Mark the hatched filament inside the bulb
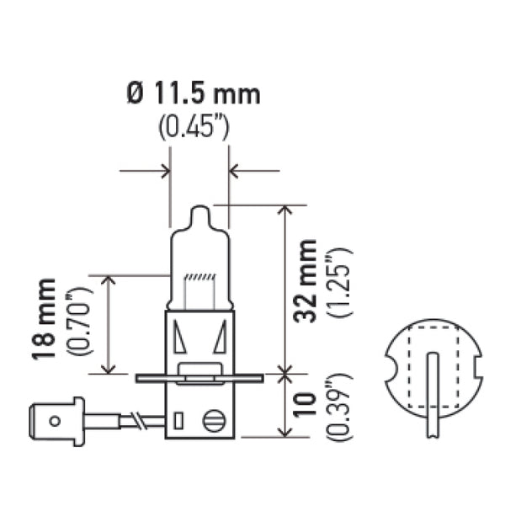point(199,277)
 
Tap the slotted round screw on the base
point(215,418)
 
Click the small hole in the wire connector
point(56,418)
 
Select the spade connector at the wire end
point(57,418)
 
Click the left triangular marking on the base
point(179,338)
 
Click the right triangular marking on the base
point(220,338)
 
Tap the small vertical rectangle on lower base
point(178,419)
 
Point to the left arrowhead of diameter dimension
point(164,171)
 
